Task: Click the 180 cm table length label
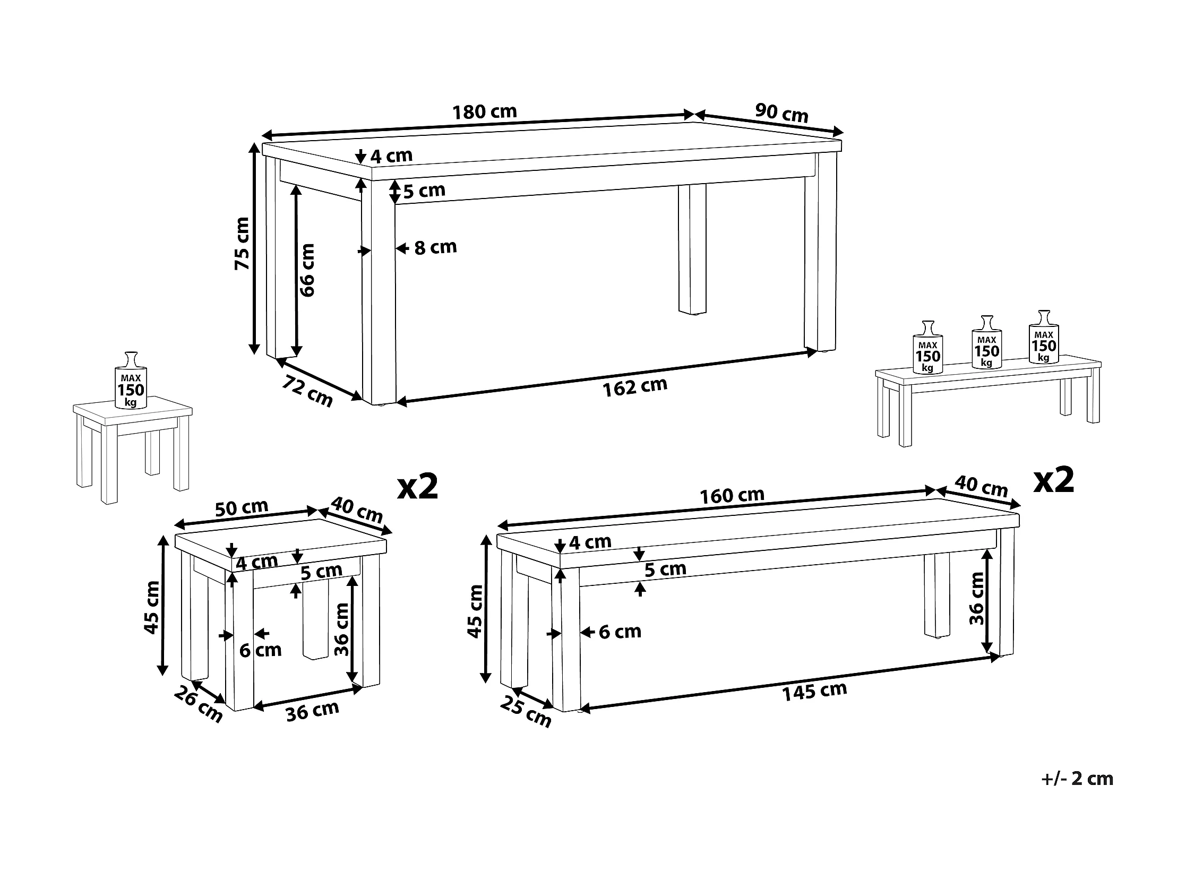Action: point(485,111)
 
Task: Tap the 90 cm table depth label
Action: point(782,113)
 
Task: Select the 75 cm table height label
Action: point(242,243)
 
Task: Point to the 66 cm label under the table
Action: point(307,270)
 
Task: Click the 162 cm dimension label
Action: point(635,387)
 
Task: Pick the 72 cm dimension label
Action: point(308,391)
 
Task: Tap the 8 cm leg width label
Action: point(435,247)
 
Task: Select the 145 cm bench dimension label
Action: point(814,691)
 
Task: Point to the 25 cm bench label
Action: point(526,712)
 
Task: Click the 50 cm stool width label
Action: point(241,507)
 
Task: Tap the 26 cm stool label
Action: point(199,705)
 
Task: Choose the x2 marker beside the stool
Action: point(418,487)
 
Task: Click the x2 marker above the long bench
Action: point(1054,480)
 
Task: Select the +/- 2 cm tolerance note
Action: point(1077,779)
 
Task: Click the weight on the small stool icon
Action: point(131,381)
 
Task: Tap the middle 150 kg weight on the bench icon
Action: point(986,342)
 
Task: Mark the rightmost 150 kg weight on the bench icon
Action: point(1043,336)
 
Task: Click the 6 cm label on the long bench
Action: point(620,632)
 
